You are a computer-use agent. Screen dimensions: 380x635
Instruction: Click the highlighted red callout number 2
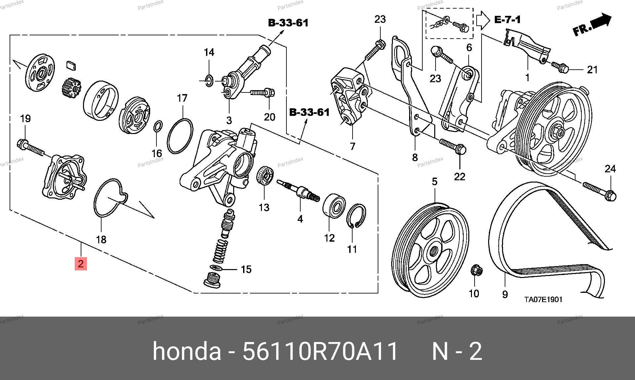[x=81, y=264]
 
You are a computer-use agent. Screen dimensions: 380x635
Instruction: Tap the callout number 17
[x=182, y=98]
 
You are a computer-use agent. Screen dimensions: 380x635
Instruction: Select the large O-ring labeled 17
[x=180, y=136]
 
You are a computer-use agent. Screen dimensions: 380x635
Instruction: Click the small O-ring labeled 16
[x=158, y=126]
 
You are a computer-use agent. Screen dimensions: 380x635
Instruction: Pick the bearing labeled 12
[x=334, y=206]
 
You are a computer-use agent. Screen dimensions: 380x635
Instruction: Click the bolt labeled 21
[x=560, y=67]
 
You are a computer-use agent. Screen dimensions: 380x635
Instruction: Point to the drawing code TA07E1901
[x=543, y=299]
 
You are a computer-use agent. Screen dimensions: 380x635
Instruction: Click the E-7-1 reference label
[x=507, y=20]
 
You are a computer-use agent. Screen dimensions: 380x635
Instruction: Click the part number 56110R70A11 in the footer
[x=320, y=351]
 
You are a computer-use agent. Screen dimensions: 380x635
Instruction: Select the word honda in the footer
[x=187, y=351]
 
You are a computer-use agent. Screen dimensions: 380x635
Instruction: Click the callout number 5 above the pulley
[x=435, y=182]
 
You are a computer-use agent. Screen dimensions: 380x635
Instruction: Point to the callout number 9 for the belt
[x=505, y=294]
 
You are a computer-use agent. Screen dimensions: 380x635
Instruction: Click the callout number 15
[x=246, y=269]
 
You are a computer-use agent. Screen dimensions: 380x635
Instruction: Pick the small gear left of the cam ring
[x=71, y=88]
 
